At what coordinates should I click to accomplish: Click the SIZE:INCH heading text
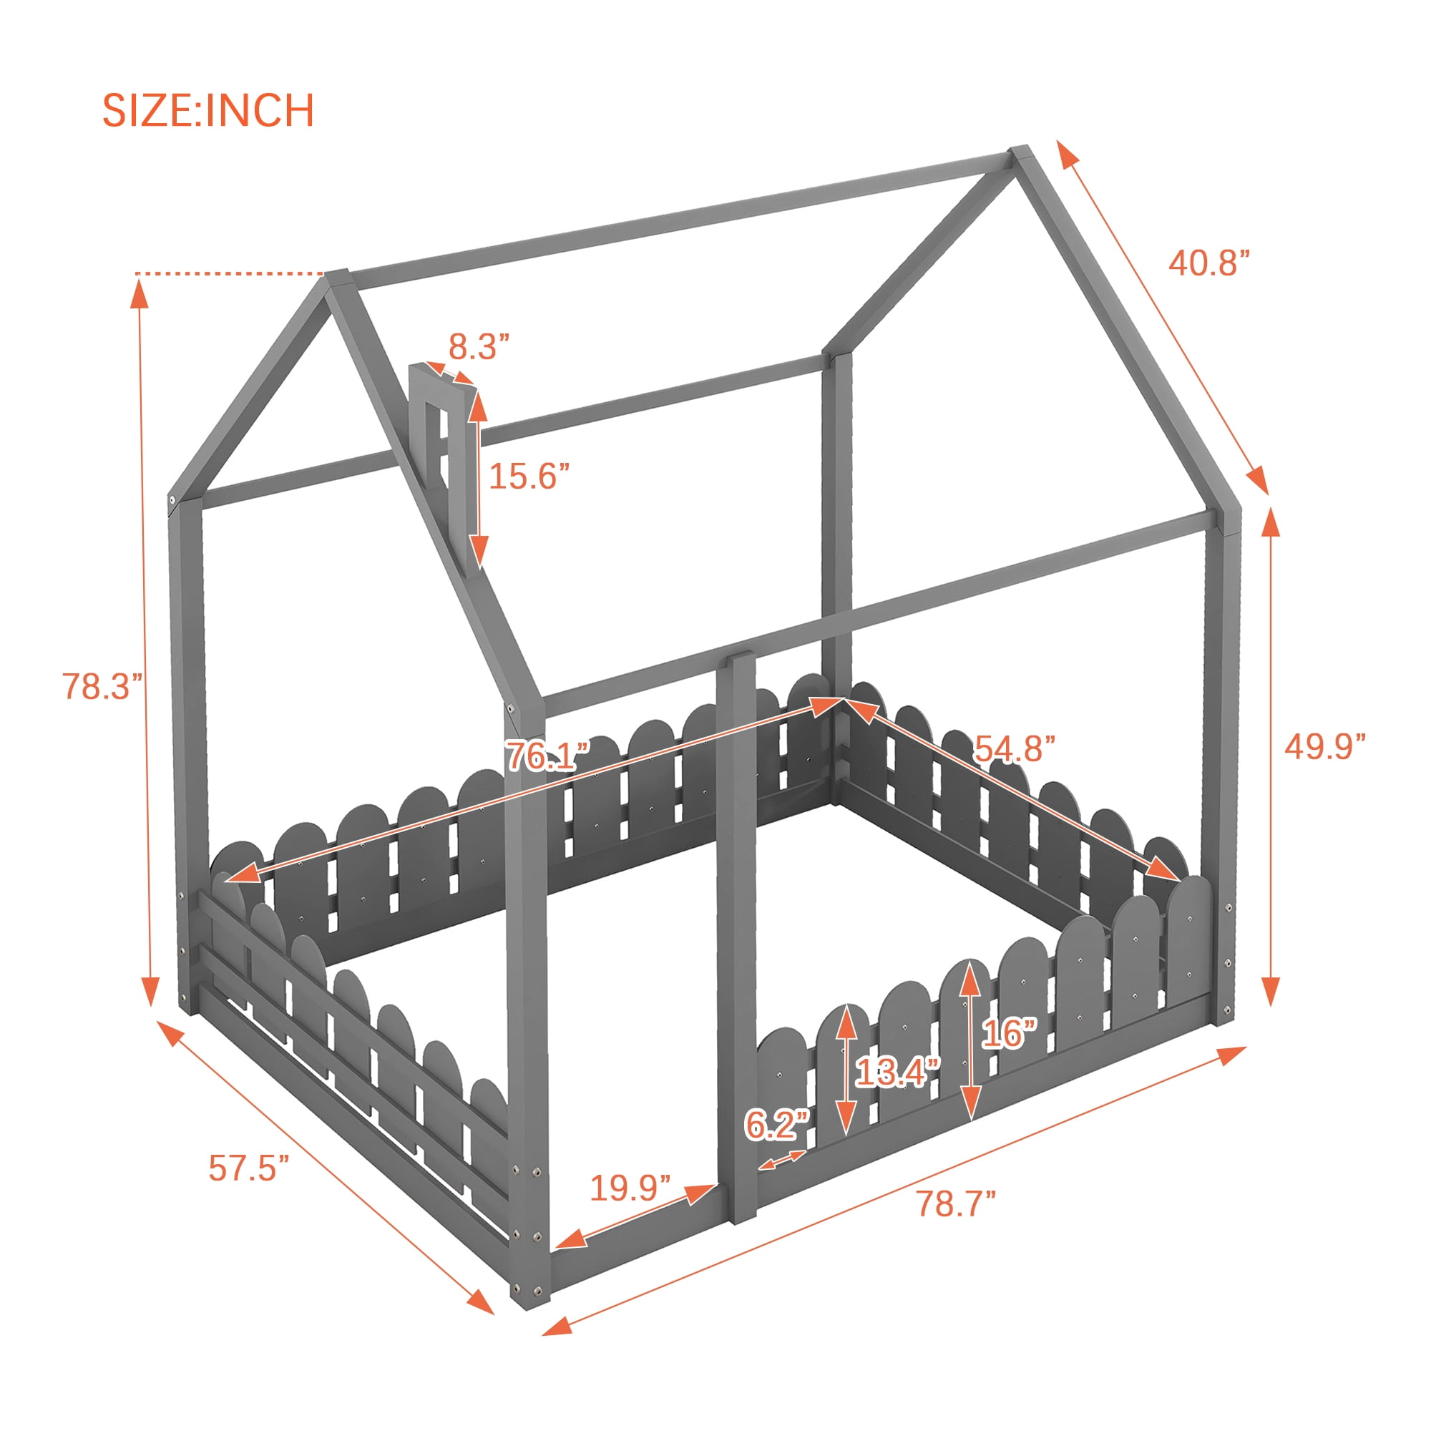point(208,110)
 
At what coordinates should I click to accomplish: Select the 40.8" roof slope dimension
point(1209,262)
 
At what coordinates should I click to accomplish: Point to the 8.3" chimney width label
point(479,346)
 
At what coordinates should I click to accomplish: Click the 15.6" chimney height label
point(529,476)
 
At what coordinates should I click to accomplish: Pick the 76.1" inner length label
point(547,756)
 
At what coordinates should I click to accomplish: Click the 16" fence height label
point(1010,1032)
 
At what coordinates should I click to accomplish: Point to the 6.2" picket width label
point(777,1124)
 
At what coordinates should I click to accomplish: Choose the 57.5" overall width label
point(249,1168)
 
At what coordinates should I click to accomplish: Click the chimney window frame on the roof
point(440,444)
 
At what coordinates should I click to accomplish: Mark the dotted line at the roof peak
point(230,274)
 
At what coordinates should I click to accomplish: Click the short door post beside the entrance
point(736,937)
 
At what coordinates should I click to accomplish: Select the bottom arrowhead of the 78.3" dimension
point(150,990)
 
